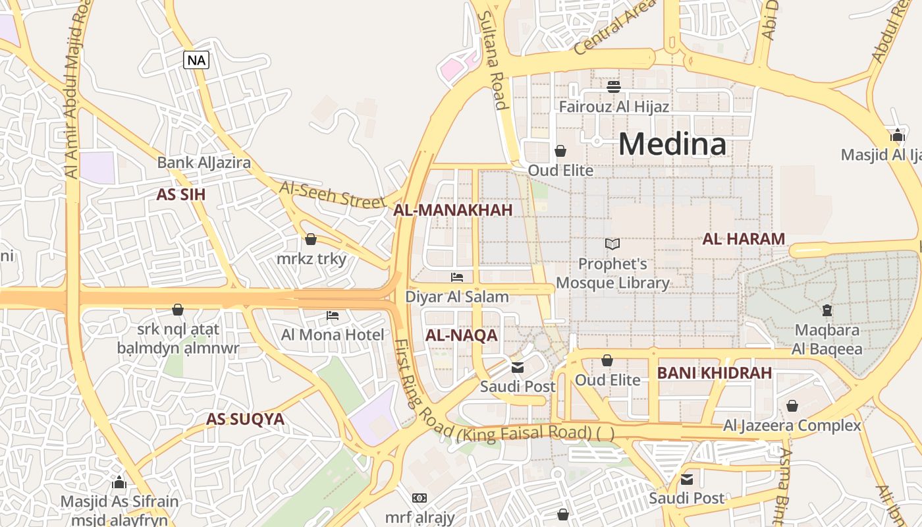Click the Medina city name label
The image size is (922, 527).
tap(672, 144)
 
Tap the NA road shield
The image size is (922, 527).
tap(196, 61)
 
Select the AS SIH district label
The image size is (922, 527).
tap(181, 194)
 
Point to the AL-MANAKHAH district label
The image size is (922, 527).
tap(452, 210)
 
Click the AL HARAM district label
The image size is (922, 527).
tap(744, 239)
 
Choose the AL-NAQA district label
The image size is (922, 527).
tap(461, 335)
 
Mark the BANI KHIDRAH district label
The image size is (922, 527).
tap(715, 373)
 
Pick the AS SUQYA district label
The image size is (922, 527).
tap(245, 419)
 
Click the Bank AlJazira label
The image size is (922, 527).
tap(203, 162)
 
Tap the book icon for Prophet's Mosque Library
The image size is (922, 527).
tap(612, 244)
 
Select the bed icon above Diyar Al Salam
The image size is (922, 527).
tap(457, 277)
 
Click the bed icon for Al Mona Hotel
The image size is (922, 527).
tap(333, 316)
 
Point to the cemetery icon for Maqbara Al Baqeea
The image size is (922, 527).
tap(827, 310)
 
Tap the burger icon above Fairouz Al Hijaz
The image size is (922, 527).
tap(614, 87)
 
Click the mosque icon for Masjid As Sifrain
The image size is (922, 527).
tap(119, 482)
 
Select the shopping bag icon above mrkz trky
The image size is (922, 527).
tap(311, 238)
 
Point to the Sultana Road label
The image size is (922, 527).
tap(493, 59)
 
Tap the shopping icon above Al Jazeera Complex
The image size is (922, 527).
tap(792, 406)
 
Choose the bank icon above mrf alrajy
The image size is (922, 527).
tap(420, 498)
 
